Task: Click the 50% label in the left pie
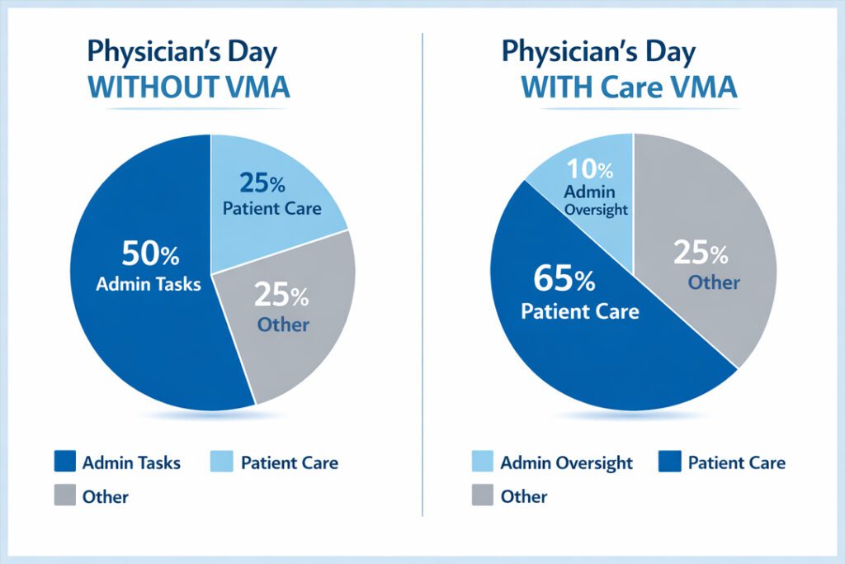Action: click(148, 252)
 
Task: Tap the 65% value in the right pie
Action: click(564, 279)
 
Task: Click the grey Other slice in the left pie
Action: click(285, 322)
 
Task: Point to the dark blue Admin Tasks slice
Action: click(132, 330)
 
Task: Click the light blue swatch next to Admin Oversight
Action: click(482, 462)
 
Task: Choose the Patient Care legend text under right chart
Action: click(736, 462)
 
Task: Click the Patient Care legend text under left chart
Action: click(289, 462)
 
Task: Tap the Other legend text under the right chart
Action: click(523, 497)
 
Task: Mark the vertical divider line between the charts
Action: click(422, 273)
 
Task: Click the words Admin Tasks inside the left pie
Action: click(148, 285)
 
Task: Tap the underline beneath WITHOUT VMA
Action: click(189, 107)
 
